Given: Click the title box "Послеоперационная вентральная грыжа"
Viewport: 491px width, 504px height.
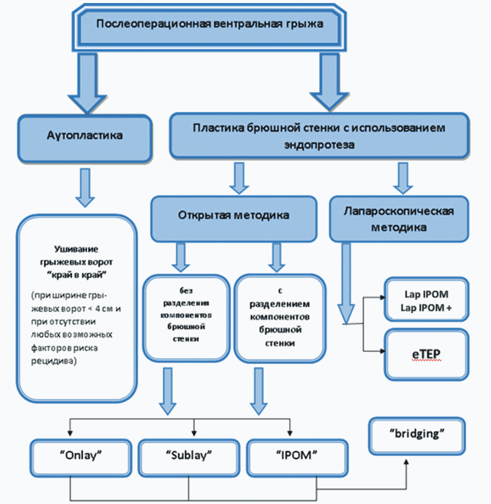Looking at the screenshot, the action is click(209, 27).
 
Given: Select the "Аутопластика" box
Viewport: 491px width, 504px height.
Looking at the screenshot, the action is click(85, 138).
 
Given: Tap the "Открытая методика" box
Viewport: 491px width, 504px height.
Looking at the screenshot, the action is click(234, 219).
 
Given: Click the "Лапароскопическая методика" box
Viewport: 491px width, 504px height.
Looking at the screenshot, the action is click(399, 219).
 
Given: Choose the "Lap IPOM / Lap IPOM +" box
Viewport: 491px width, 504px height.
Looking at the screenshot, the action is click(426, 299).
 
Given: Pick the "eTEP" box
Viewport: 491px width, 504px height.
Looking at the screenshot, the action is click(426, 355).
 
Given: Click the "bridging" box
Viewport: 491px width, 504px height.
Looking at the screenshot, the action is click(417, 436).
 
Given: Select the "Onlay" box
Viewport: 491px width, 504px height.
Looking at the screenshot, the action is click(81, 458).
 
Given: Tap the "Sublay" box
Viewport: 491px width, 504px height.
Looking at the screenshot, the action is click(189, 458).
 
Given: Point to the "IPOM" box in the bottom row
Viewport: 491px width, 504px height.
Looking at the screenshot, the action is click(297, 458).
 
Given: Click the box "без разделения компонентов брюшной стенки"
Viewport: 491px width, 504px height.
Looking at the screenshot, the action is click(186, 318).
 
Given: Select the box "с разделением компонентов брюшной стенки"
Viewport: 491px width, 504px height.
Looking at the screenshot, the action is click(280, 318).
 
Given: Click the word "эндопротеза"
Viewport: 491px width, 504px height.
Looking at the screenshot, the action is click(319, 145).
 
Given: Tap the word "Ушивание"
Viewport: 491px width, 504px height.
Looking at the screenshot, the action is click(76, 249).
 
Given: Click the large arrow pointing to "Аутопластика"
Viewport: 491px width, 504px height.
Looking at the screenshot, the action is click(87, 83).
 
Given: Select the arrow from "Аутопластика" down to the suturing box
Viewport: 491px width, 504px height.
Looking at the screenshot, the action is click(85, 188).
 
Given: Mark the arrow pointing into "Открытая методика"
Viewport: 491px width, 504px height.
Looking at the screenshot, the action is click(239, 178).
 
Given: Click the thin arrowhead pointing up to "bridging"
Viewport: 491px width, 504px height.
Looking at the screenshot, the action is click(406, 462).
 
